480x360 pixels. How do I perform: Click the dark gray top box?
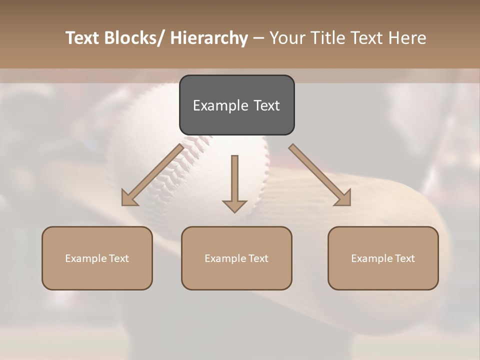click(236, 105)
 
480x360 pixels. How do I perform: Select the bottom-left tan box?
click(97, 258)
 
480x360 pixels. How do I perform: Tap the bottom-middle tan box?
click(236, 258)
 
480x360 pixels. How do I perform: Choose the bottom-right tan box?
click(383, 258)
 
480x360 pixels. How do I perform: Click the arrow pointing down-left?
click(153, 174)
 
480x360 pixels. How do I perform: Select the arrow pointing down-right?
click(319, 174)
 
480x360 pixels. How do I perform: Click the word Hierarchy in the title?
click(209, 38)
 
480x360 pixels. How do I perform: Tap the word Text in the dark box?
click(266, 105)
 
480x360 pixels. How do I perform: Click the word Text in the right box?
click(404, 258)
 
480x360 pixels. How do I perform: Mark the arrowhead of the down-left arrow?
click(128, 199)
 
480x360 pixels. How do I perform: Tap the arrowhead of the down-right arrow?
click(343, 199)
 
